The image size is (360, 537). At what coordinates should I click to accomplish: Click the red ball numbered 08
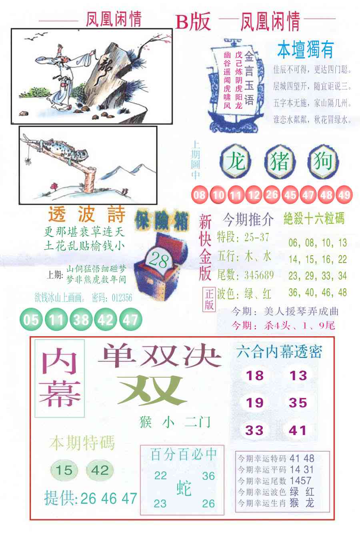199,195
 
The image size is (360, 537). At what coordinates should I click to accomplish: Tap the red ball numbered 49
344,195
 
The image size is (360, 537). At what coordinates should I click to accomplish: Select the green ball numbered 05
31,320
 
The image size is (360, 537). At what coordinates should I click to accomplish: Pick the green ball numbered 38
81,320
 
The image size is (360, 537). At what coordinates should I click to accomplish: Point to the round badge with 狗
323,162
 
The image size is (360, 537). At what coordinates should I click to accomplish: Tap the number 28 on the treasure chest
158,261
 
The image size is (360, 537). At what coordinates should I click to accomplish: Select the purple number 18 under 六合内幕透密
255,375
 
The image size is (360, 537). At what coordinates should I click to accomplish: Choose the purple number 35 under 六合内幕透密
298,403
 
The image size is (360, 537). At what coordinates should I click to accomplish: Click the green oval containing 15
64,470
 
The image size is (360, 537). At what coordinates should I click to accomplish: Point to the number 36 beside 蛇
208,476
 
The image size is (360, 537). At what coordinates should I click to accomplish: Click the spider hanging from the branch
27,161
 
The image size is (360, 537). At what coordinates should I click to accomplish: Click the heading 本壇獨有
305,50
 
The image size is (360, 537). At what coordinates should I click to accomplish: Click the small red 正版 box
210,299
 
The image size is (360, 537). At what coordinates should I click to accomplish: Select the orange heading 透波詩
87,215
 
